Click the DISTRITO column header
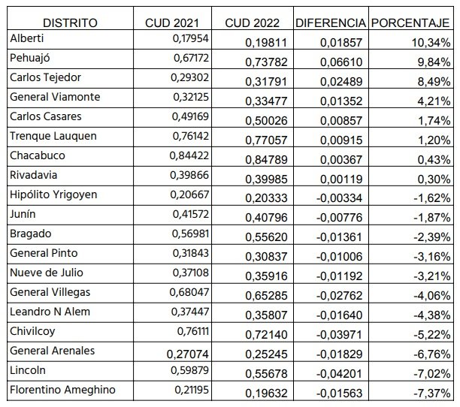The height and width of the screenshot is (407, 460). [70, 23]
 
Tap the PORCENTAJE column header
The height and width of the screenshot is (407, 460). [410, 23]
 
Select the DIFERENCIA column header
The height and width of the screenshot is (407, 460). [331, 23]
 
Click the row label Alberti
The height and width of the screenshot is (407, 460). [27, 38]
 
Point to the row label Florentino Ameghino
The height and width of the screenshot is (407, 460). [62, 390]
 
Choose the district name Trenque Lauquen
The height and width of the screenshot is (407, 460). [53, 136]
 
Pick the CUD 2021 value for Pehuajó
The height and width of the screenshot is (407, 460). [191, 58]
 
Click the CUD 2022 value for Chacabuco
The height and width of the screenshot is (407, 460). [266, 160]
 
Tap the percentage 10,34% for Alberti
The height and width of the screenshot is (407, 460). [431, 43]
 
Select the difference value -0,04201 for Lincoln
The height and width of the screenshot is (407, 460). [340, 374]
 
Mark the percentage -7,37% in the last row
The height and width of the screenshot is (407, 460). [432, 393]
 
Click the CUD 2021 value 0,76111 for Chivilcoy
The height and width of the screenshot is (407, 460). [192, 331]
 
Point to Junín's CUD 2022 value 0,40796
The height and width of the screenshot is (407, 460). [266, 218]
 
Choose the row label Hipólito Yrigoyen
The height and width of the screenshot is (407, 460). [53, 194]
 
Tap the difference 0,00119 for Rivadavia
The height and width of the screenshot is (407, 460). [341, 179]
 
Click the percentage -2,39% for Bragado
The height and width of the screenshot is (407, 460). [432, 237]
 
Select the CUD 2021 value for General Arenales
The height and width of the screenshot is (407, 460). [187, 354]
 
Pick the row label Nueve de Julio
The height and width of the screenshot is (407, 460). [47, 273]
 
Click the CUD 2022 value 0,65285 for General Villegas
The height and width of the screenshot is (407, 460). [266, 296]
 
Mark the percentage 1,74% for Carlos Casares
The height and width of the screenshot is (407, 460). [434, 121]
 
